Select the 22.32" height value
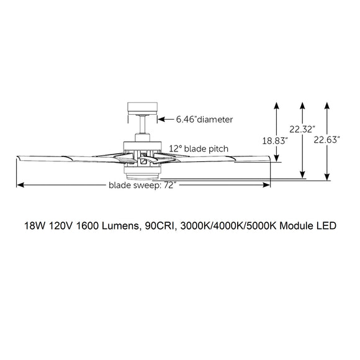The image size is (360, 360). coord(302,129)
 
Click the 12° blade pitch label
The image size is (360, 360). coord(198,148)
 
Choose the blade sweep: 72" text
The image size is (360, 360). coord(142,185)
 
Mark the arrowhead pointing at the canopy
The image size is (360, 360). coord(161,119)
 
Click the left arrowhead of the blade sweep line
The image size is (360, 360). coord(19,184)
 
